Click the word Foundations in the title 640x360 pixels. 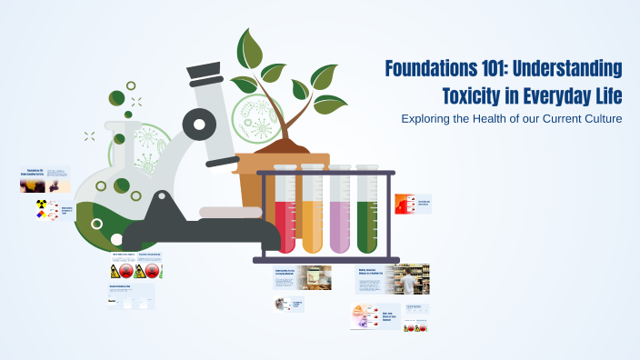429,69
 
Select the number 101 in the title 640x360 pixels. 496,69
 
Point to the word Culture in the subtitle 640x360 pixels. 601,120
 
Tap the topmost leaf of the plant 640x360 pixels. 246,45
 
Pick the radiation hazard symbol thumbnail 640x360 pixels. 41,210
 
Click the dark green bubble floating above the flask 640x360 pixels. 116,98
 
